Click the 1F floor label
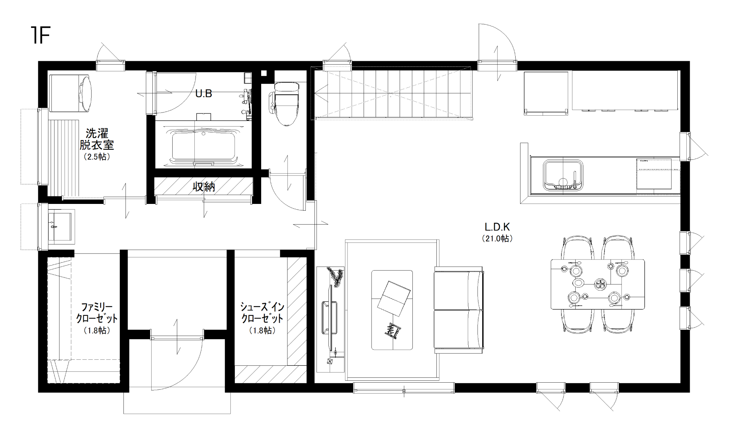click(41, 36)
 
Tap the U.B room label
click(204, 94)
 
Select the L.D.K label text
click(497, 227)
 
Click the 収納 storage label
click(204, 187)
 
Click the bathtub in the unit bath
click(203, 146)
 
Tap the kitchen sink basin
click(563, 175)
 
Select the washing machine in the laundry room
click(70, 93)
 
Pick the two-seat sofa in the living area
click(459, 310)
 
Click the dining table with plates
click(597, 284)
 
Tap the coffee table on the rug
click(392, 310)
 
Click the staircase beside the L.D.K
click(393, 93)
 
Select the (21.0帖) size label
click(497, 238)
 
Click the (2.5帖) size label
click(97, 157)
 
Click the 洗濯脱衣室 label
click(97, 139)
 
